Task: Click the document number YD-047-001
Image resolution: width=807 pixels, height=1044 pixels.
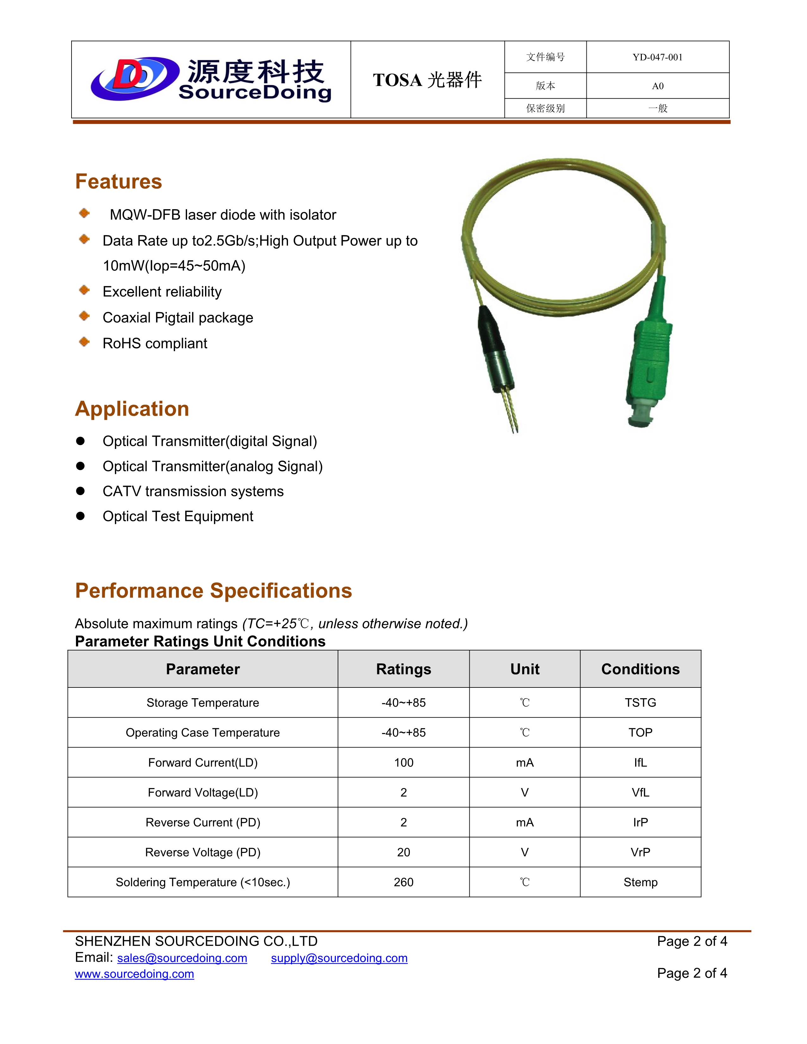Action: coord(657,57)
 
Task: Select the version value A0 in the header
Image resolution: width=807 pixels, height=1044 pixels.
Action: coord(657,86)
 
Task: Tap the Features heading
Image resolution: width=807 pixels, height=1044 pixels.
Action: coord(119,182)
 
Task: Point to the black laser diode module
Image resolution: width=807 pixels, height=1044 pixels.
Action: coord(495,349)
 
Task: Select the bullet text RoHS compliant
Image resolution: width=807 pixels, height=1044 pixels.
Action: coord(155,343)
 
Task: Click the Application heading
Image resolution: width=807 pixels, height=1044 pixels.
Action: coord(132,409)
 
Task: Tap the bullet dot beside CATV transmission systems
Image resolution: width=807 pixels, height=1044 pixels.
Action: coord(80,491)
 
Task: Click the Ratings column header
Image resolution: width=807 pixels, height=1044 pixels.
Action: coord(403,669)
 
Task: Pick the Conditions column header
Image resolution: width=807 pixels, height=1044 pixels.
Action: coord(640,669)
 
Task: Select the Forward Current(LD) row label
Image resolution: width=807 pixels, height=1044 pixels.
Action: coord(203,762)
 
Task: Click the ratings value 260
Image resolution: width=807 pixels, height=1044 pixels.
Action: coord(403,882)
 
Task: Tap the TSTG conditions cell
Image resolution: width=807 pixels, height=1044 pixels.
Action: coord(640,703)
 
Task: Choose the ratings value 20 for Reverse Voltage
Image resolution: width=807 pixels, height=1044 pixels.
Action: coord(403,852)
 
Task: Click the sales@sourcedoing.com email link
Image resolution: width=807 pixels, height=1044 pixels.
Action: coord(182,958)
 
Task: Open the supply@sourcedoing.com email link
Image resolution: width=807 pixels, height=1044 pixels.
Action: coord(339,958)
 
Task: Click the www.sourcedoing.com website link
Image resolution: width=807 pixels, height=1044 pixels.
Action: coord(134,974)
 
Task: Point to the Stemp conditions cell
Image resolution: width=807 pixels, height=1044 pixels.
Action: coord(640,882)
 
